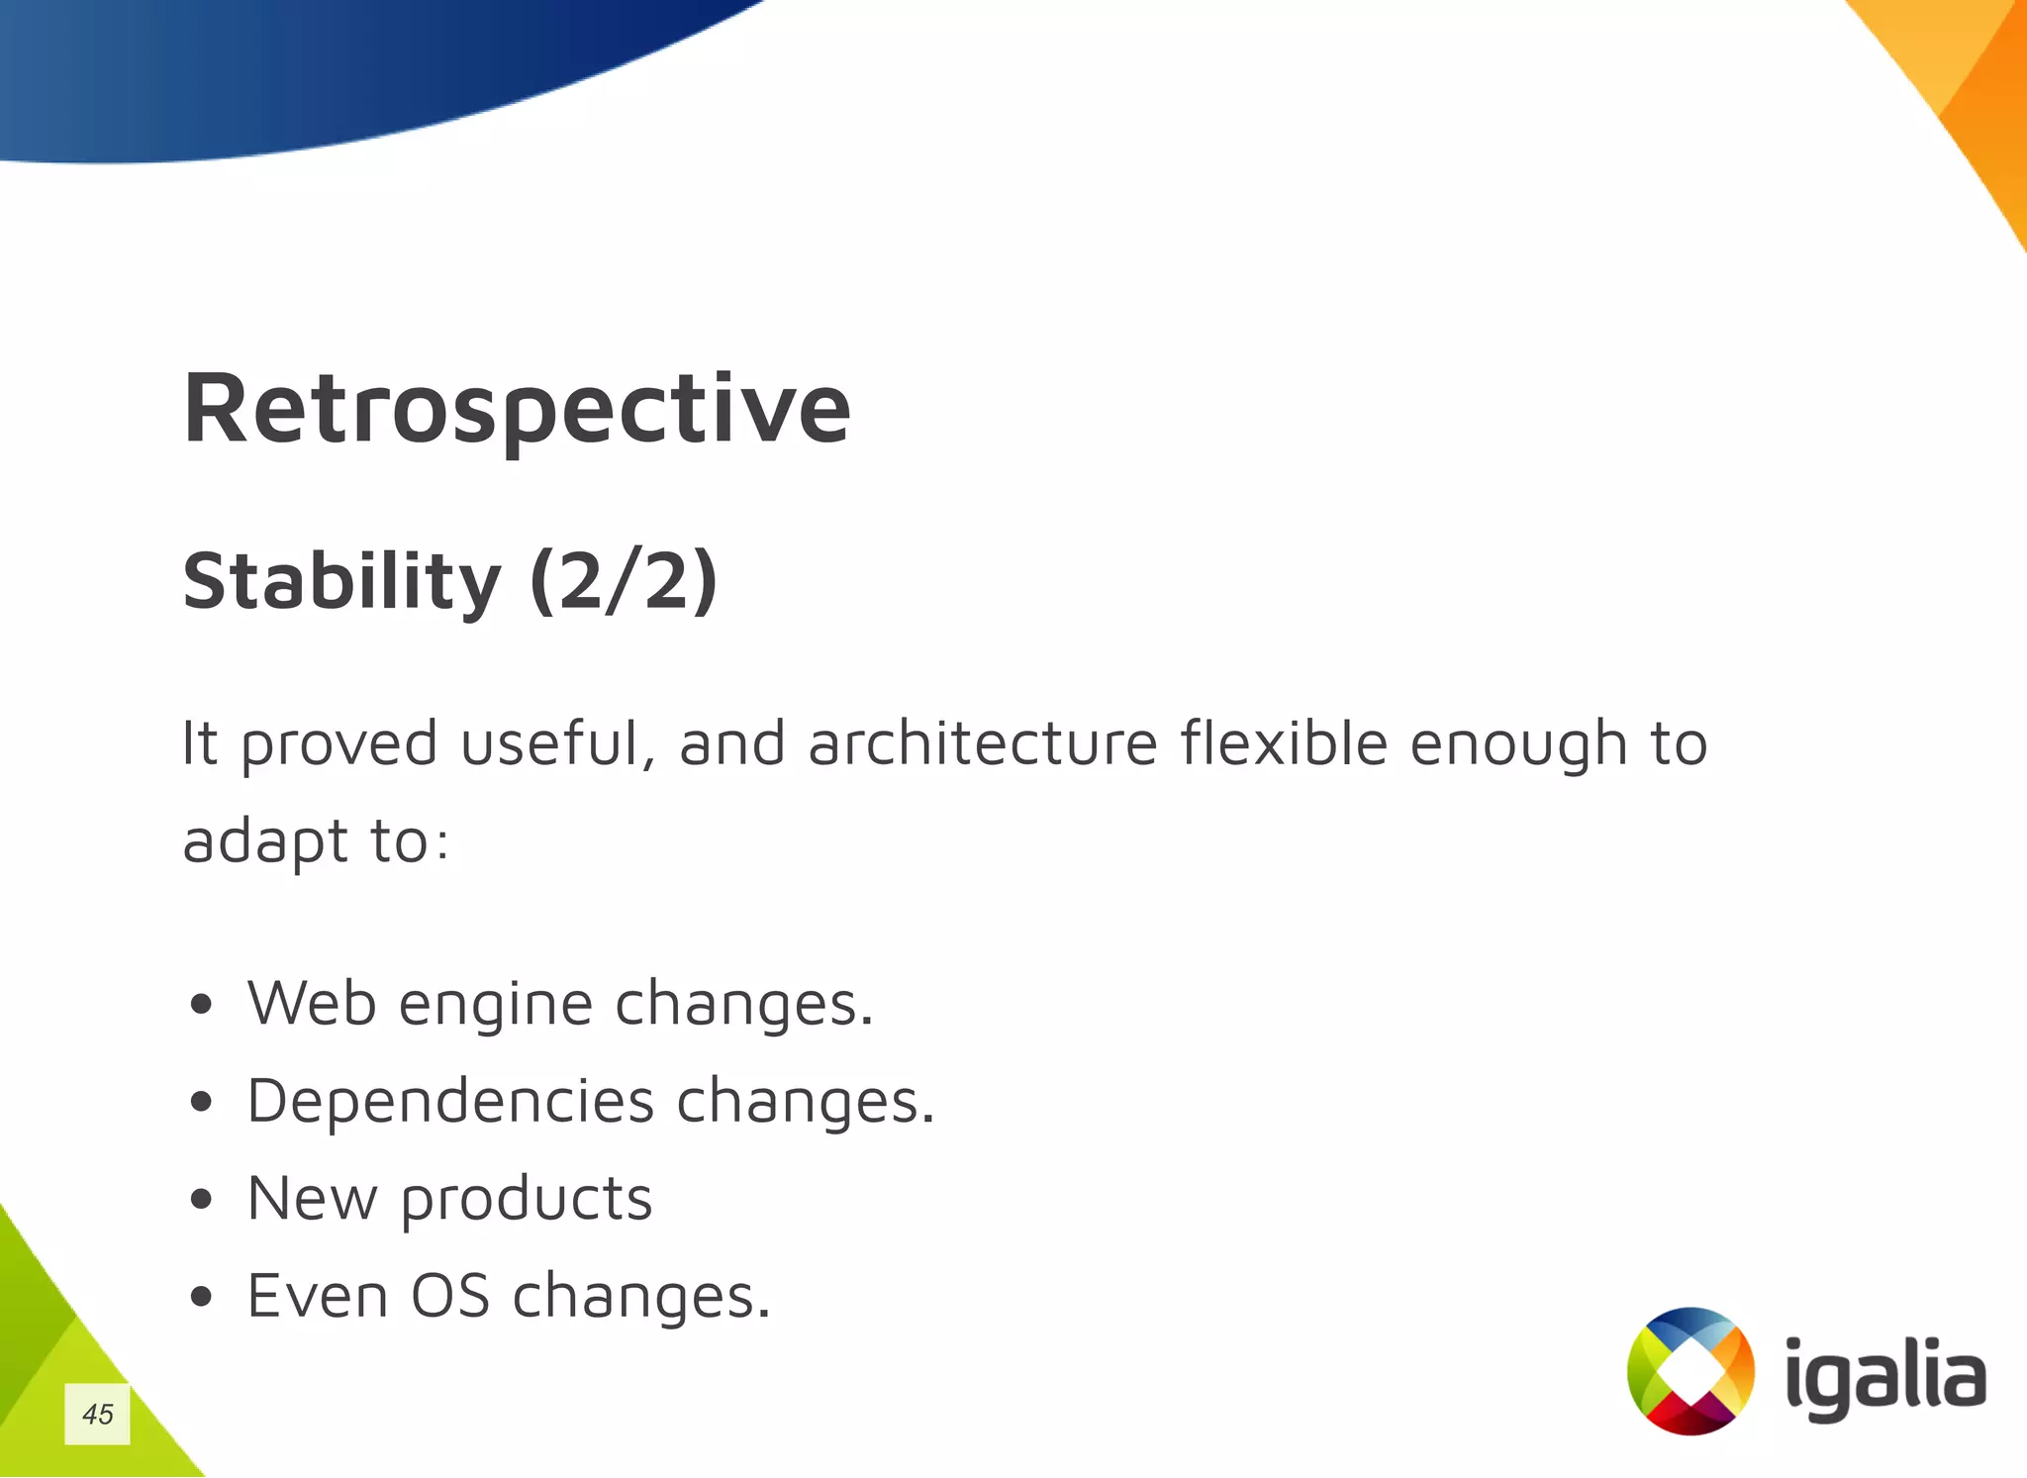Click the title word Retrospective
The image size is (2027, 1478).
[x=517, y=408]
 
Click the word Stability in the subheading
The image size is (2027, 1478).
[x=341, y=581]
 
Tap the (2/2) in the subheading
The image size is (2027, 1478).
[x=624, y=581]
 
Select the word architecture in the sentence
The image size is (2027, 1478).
[x=982, y=743]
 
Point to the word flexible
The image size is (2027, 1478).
[x=1284, y=743]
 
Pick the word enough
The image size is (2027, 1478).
[x=1518, y=745]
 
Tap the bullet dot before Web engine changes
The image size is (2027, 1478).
[x=202, y=1006]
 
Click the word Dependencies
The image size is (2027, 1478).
[x=450, y=1102]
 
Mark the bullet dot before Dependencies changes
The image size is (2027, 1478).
[x=202, y=1103]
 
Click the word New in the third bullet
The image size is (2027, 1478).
[x=312, y=1199]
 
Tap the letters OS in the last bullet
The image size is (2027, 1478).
[x=450, y=1296]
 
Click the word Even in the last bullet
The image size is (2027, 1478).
[x=318, y=1296]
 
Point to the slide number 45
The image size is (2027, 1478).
[x=98, y=1414]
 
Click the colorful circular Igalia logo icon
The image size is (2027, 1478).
[x=1690, y=1371]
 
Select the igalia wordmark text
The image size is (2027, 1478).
[x=1884, y=1379]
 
